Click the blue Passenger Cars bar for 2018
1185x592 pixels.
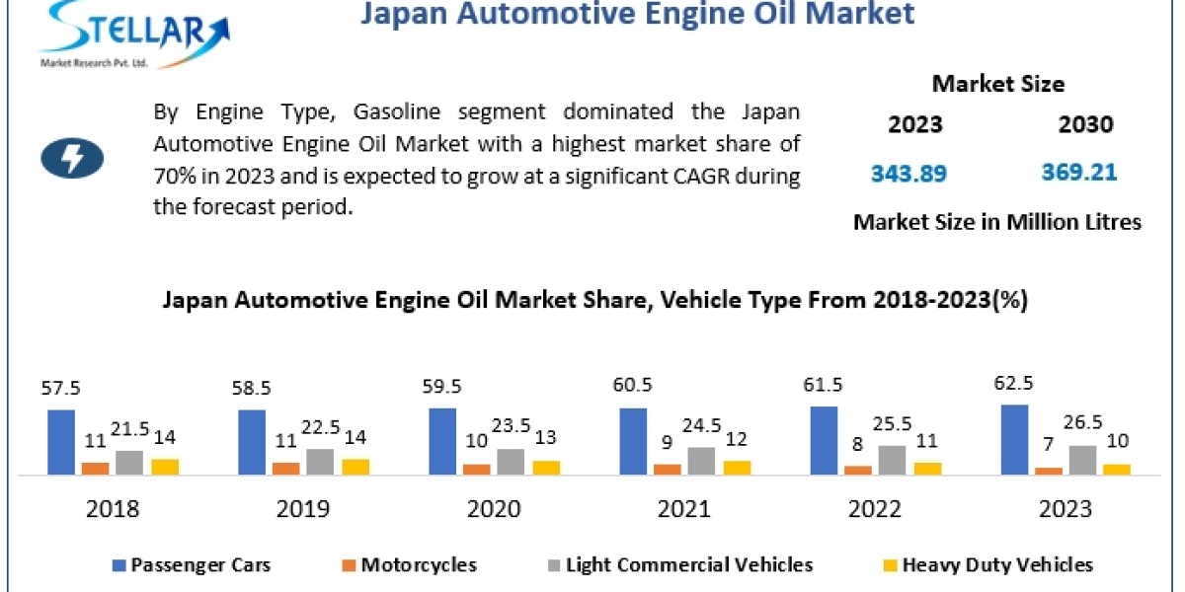tap(61, 442)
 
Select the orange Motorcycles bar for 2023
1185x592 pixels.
tap(1049, 471)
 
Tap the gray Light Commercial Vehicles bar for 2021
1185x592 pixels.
tap(700, 461)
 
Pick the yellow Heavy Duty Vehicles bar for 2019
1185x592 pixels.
tap(355, 467)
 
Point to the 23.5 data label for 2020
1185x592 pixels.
tap(510, 418)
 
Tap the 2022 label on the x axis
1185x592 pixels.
tap(875, 509)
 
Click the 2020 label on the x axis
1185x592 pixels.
tap(494, 509)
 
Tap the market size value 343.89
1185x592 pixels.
tap(908, 174)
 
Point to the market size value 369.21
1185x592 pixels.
tap(1079, 173)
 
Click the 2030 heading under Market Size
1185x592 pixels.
tap(1085, 125)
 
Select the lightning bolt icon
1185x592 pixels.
tap(72, 158)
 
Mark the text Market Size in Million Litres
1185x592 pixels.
tap(996, 222)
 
